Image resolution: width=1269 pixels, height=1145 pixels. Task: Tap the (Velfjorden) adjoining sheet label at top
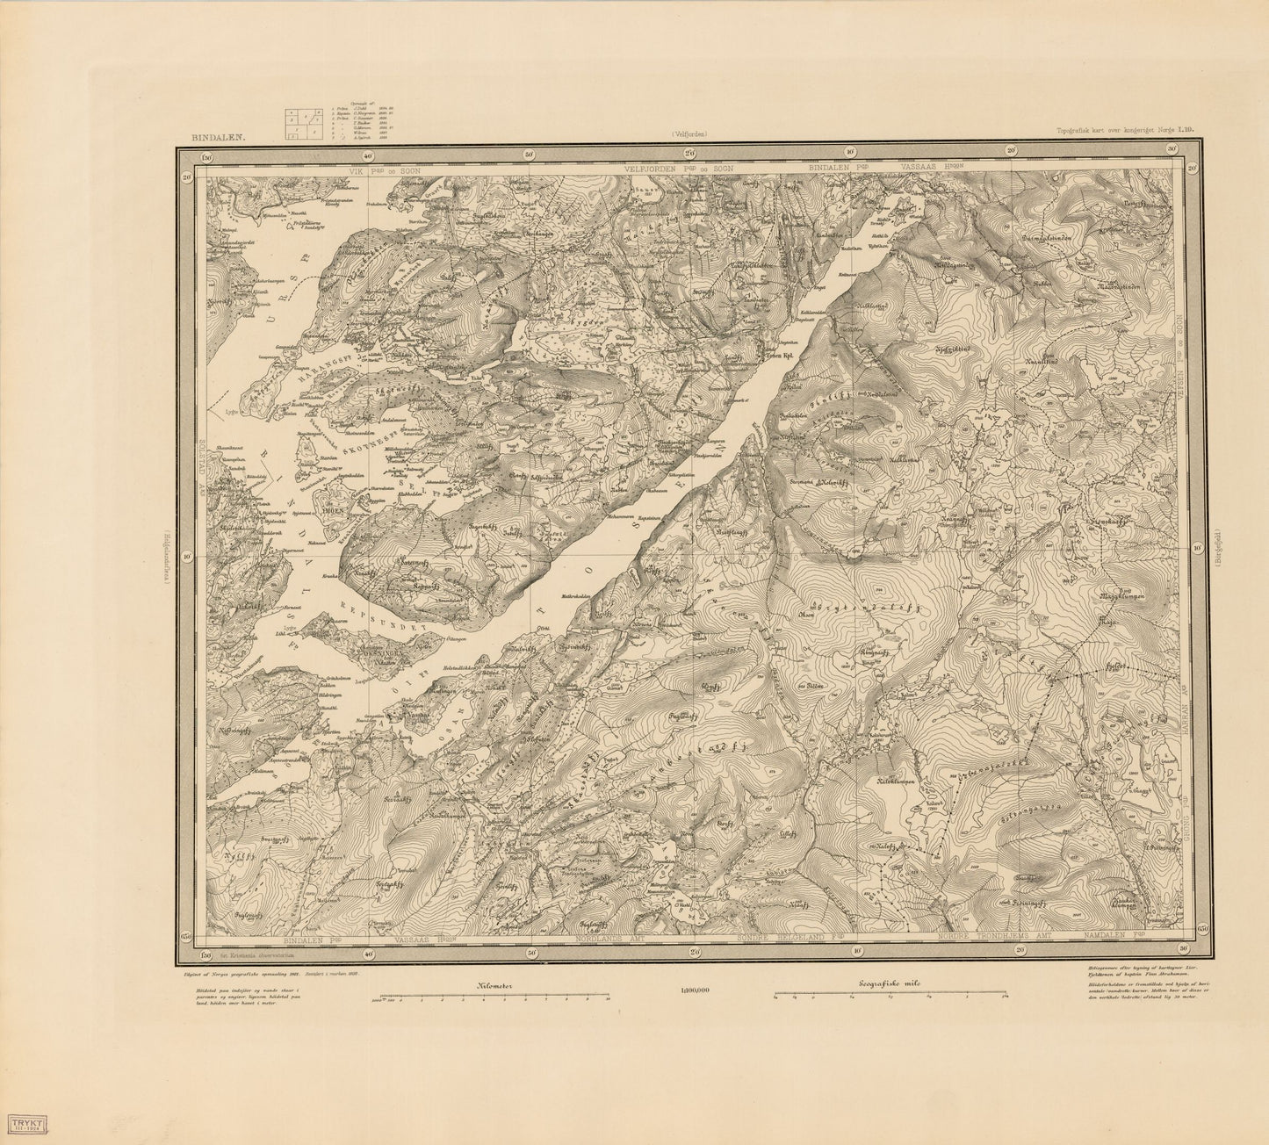tap(689, 134)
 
